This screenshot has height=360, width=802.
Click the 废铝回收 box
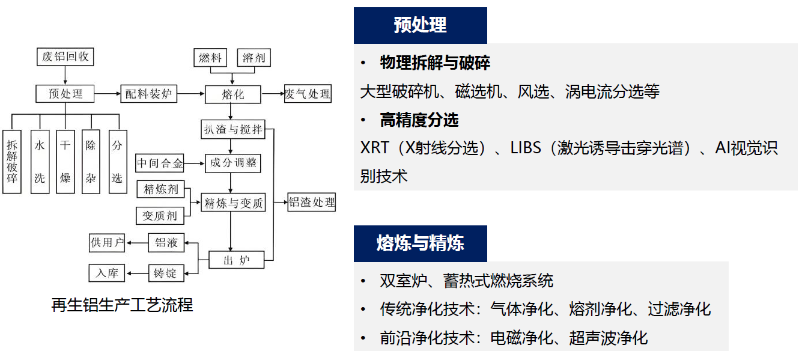click(x=65, y=57)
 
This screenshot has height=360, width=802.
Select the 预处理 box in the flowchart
click(x=65, y=94)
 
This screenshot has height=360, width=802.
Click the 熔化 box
click(x=233, y=94)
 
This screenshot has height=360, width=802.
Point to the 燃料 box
click(x=210, y=58)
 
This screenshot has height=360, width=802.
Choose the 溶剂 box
click(x=254, y=58)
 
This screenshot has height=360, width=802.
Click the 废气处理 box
click(x=307, y=94)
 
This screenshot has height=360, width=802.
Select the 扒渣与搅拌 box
click(x=232, y=129)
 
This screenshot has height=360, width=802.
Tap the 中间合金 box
click(x=160, y=163)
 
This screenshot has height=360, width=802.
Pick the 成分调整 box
click(x=233, y=163)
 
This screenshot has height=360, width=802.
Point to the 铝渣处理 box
click(x=311, y=203)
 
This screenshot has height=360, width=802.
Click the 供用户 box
click(x=107, y=243)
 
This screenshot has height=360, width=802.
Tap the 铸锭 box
click(x=165, y=273)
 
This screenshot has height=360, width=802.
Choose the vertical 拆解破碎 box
click(x=12, y=162)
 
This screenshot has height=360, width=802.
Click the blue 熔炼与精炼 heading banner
click(x=420, y=243)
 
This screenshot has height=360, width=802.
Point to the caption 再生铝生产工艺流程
click(x=122, y=305)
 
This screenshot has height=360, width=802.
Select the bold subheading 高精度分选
click(x=419, y=120)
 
